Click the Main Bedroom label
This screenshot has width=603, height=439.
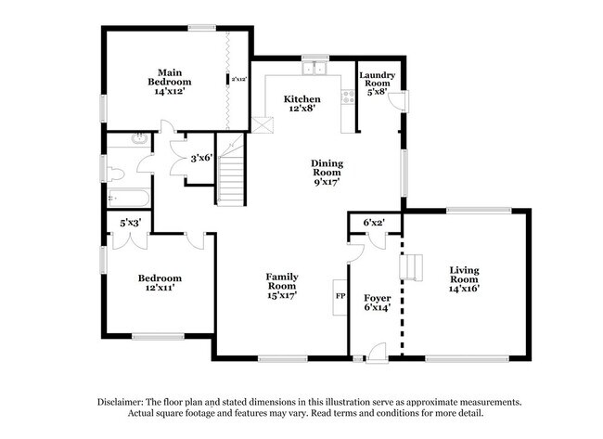pos(169,82)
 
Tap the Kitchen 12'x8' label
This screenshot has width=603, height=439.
pos(301,104)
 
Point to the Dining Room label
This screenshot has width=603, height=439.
pos(327,173)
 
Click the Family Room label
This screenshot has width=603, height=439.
pos(282,286)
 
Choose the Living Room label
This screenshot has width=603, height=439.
pos(464,279)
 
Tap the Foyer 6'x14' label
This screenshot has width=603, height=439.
pos(378,303)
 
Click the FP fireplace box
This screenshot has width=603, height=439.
pos(340,297)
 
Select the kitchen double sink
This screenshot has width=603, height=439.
pos(314,68)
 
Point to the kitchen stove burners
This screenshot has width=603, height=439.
pos(349,97)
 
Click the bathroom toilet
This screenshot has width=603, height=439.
pos(115,174)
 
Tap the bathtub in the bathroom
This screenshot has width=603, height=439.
pos(128,199)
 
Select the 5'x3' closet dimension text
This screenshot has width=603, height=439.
pos(130,223)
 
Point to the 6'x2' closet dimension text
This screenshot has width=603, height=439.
pos(374,223)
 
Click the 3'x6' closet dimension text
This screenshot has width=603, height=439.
pos(201,158)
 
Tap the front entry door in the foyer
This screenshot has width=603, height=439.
pos(376,353)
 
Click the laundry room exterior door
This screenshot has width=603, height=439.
pos(398,102)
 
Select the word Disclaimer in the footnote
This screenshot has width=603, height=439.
pos(121,403)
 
